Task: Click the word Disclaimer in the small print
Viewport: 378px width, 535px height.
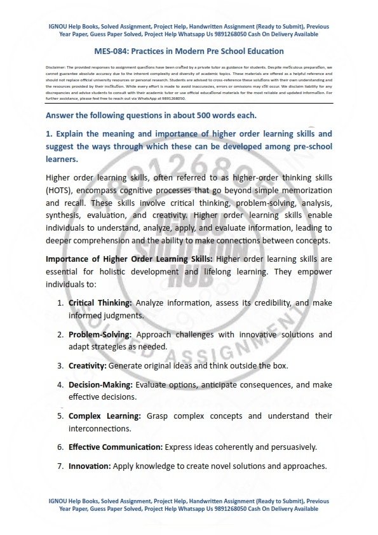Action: point(57,67)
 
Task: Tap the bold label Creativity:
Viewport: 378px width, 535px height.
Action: point(88,365)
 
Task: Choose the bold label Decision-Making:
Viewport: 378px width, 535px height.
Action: point(99,384)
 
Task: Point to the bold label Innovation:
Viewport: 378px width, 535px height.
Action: point(90,466)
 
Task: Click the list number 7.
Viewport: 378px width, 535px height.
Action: point(60,466)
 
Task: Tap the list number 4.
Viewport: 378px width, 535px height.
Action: point(60,384)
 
